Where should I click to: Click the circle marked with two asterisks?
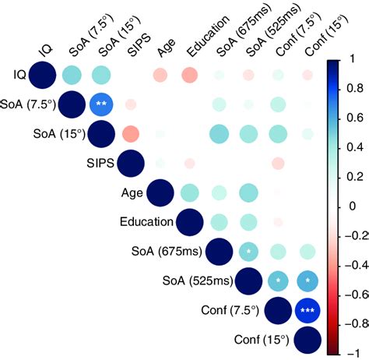pos(101,104)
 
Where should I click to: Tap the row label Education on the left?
pos(146,222)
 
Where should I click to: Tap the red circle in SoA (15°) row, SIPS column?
pos(131,134)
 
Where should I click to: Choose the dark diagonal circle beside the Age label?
pos(160,192)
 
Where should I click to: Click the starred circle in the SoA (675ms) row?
pos(248,251)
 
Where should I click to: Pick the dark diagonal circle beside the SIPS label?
pos(131,163)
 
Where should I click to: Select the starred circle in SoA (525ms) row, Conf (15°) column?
pos(307,281)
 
